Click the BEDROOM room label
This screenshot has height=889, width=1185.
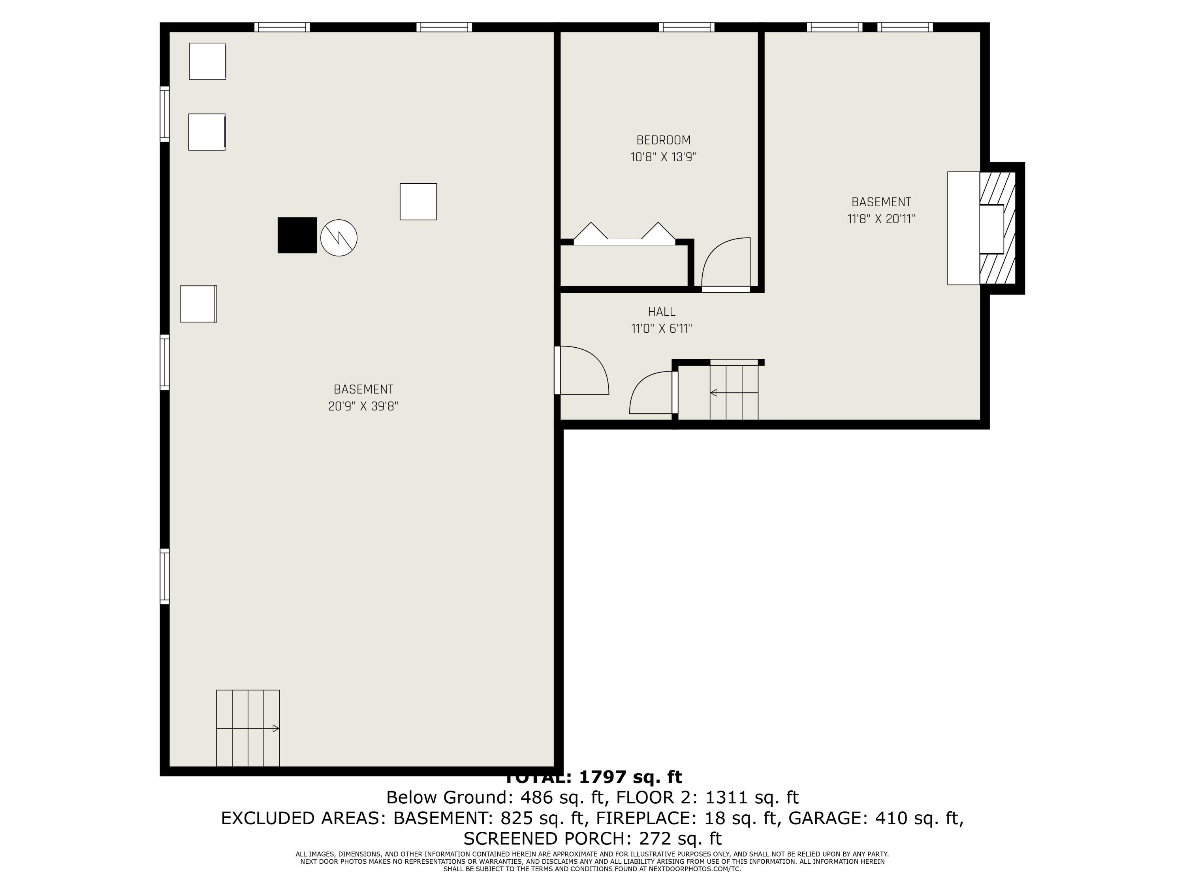pos(663,140)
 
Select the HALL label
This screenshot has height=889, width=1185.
pos(662,312)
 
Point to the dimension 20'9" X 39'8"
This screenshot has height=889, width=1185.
pos(363,406)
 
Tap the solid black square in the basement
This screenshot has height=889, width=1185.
pos(297,235)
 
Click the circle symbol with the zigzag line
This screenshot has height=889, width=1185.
pos(339,238)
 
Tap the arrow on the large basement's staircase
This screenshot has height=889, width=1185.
pos(275,728)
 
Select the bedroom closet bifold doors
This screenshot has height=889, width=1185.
pos(624,235)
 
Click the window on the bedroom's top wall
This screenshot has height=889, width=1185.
pos(686,27)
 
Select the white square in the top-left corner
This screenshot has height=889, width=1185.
pos(207,61)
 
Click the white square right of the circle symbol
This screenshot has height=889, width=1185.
pos(418,202)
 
